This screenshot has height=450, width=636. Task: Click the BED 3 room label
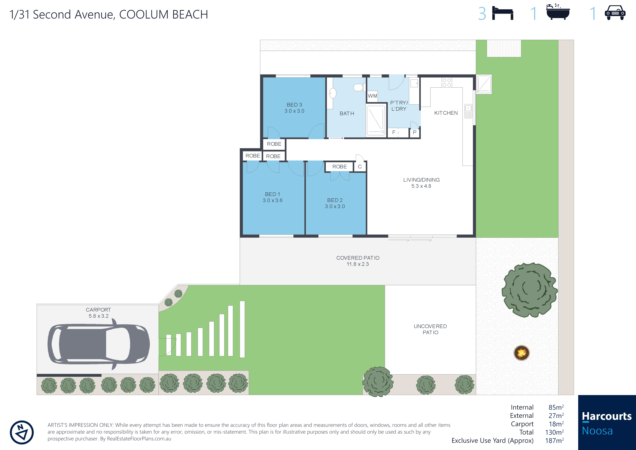pos(294,105)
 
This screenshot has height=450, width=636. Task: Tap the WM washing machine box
pos(372,96)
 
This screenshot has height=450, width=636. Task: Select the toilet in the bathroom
pos(359,88)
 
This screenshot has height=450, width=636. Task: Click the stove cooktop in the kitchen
pos(447,82)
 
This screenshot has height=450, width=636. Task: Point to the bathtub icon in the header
pos(558,12)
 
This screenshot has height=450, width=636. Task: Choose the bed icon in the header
pos(503,13)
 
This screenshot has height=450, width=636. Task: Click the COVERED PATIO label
pos(358,258)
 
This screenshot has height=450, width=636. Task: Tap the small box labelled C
pos(360,167)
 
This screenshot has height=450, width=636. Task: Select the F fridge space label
pos(394,132)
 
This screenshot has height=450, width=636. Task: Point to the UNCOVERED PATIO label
pos(430,329)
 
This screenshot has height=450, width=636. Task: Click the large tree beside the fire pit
pos(529,290)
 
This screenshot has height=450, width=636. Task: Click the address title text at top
pos(109,14)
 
